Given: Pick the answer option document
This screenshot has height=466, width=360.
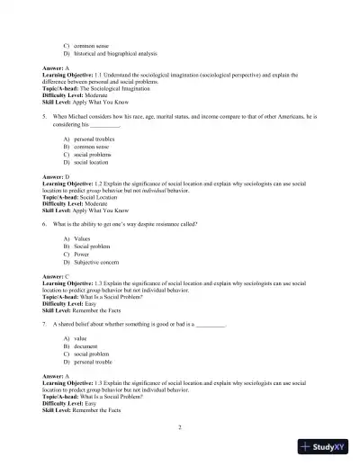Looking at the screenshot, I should point(87,345).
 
